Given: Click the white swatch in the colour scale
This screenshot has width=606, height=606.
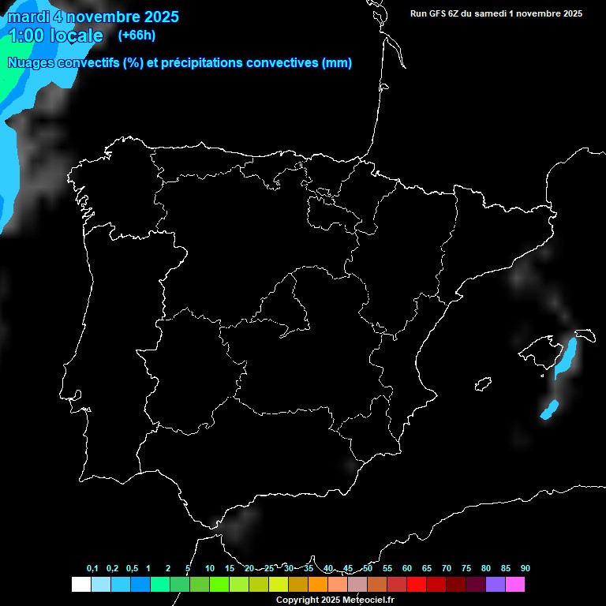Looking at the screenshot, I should click(x=80, y=584).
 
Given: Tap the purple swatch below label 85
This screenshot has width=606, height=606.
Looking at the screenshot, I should click(x=496, y=584).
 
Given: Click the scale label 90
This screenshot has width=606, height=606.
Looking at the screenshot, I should click(x=525, y=569).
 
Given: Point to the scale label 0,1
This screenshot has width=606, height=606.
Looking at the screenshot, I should click(x=92, y=569).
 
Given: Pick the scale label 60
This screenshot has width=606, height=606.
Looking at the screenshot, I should click(x=407, y=569).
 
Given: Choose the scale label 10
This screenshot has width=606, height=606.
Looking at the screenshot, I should click(x=209, y=569).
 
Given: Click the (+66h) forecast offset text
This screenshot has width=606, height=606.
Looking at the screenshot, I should click(x=137, y=35).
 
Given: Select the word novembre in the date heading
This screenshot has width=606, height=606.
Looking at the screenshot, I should click(x=108, y=17).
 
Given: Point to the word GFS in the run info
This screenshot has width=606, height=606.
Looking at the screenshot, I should click(x=443, y=13).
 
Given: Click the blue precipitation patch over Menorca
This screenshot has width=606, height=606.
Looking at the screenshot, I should click(x=566, y=357).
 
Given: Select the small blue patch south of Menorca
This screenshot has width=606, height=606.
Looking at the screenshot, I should click(x=549, y=410).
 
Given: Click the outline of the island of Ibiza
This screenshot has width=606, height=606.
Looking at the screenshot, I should click(x=483, y=383).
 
